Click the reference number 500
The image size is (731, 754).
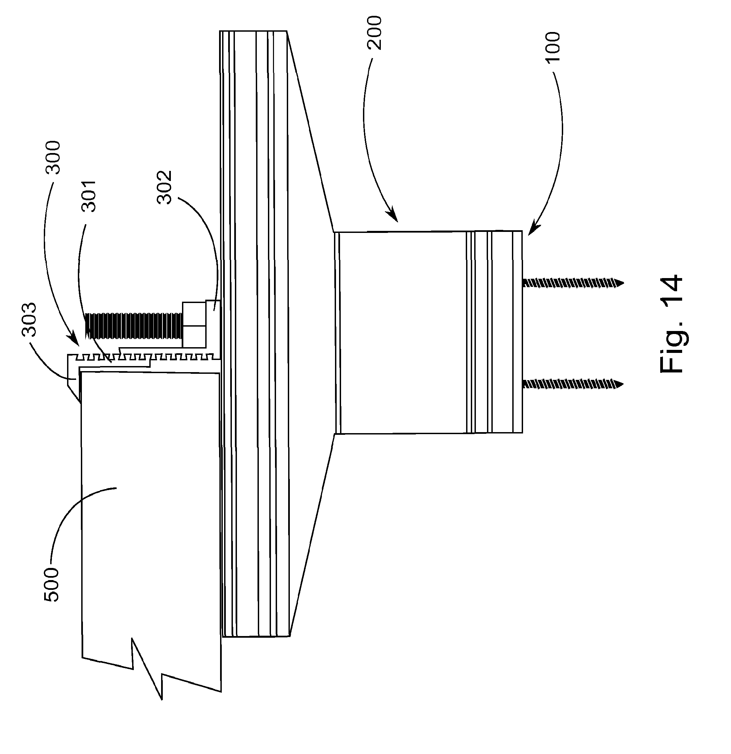[52, 584]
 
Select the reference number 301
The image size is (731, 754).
[89, 196]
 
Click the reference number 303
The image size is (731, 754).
[29, 320]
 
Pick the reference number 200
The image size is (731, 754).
[374, 33]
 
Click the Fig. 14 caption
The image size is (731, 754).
[671, 324]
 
